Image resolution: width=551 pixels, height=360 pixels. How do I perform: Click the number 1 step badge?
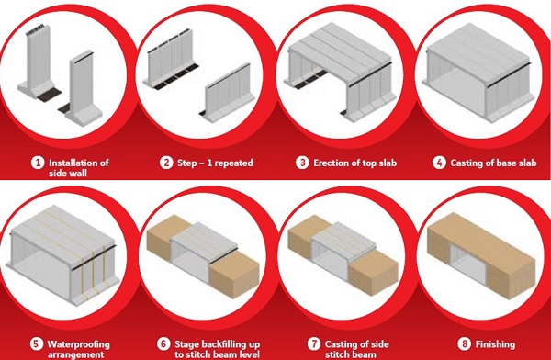click(38, 163)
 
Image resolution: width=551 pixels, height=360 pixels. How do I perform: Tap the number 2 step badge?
click(166, 163)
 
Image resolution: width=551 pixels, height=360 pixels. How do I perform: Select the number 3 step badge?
click(302, 163)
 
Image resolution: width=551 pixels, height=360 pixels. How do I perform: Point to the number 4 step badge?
click(439, 163)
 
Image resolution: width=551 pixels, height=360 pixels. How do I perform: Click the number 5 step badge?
click(36, 344)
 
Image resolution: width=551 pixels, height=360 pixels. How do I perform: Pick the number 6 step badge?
click(163, 344)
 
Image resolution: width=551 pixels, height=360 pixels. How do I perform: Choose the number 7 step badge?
click(314, 344)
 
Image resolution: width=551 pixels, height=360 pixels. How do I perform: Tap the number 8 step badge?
click(464, 344)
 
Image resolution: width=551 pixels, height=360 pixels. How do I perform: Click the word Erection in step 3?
click(331, 163)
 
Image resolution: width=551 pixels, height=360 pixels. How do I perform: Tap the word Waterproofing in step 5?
click(79, 344)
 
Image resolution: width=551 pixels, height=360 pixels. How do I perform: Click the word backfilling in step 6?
click(219, 344)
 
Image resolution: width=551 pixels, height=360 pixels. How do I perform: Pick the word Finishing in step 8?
click(495, 344)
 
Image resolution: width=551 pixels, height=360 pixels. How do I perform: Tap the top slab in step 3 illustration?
click(340, 52)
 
